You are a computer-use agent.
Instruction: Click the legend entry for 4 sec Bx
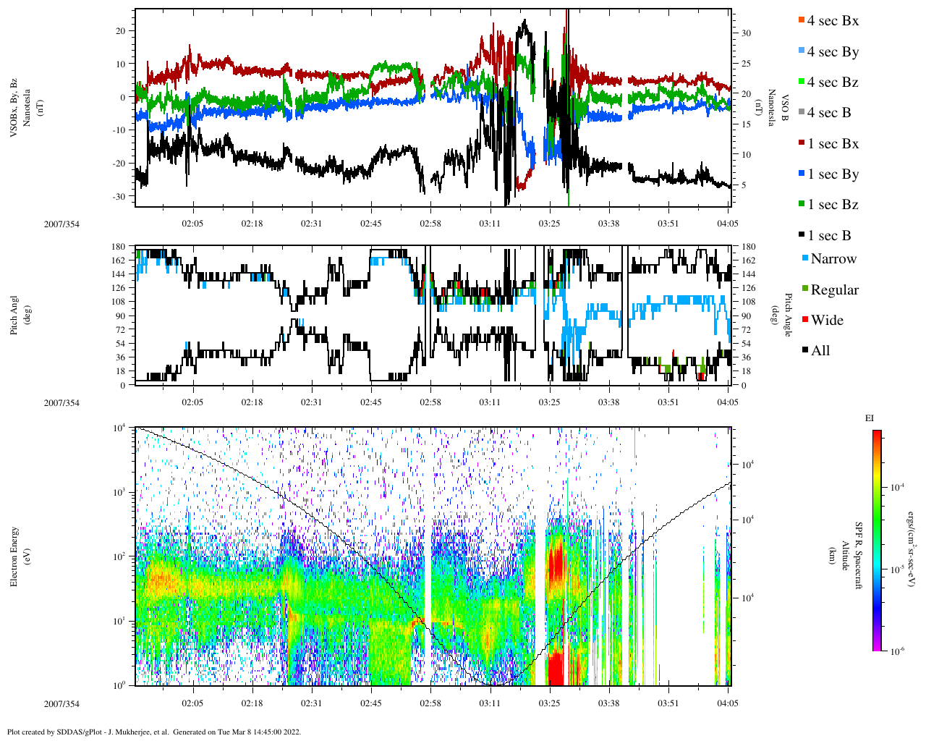click(832, 21)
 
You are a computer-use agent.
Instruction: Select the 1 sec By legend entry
click(832, 174)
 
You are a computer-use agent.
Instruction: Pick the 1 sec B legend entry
click(828, 236)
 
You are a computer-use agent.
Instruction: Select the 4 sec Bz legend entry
click(832, 82)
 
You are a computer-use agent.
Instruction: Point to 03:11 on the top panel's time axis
click(490, 224)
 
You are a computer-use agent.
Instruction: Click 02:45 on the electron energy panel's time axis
click(371, 703)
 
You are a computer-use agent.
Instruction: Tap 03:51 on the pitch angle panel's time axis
click(668, 402)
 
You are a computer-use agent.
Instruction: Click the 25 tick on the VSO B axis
click(746, 64)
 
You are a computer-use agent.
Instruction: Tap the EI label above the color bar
click(870, 418)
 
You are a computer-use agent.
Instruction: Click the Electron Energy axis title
click(14, 556)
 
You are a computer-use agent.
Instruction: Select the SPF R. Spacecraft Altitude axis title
click(851, 556)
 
